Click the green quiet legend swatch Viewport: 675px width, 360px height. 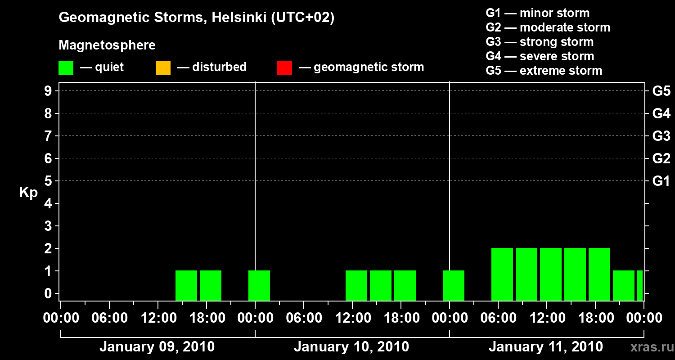pos(66,67)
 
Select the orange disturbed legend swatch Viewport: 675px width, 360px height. pos(163,67)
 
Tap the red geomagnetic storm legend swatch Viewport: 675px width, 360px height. pos(284,67)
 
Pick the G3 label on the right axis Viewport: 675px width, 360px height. pos(661,136)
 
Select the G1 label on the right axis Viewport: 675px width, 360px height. pos(661,181)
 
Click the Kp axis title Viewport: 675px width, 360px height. pos(28,193)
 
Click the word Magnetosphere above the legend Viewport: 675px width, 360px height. pos(107,45)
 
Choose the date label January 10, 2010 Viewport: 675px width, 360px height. pos(351,347)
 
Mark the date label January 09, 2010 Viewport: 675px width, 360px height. pos(157,347)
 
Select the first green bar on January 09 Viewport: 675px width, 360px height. pos(186,285)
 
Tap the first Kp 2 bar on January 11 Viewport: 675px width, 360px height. pos(502,274)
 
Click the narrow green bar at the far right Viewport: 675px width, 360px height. pos(640,285)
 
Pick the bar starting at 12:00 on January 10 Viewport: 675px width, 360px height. pos(356,285)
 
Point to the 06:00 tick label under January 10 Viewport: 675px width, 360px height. pos(304,318)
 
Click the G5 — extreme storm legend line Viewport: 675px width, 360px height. pos(544,71)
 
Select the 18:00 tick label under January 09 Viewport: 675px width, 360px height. pos(207,318)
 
